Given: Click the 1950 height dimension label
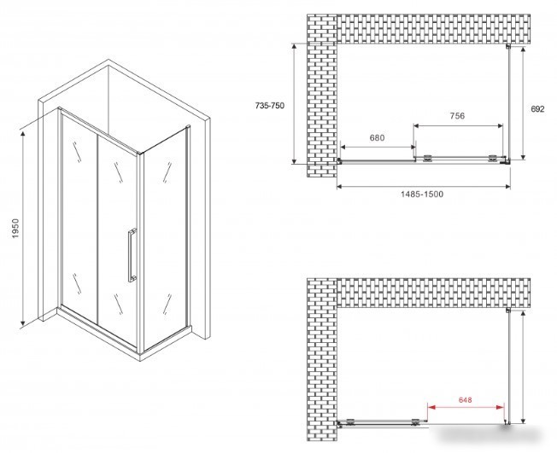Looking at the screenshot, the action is pos(15,228).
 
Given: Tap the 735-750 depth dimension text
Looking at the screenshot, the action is pos(270,105).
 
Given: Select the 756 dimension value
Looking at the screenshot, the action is pos(457,116).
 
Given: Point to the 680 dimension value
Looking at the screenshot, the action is pos(377,137).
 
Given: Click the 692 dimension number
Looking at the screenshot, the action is pos(537,109).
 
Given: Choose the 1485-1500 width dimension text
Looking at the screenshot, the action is pos(422,194).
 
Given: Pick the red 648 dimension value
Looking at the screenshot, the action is pos(465,400).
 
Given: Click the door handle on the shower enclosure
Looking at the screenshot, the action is pos(132,255).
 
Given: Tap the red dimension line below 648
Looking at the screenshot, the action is pos(466,407).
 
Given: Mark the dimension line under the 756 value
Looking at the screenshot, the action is pos(458,125).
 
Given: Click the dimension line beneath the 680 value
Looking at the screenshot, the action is pos(378,147).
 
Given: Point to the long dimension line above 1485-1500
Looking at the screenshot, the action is pos(424,186).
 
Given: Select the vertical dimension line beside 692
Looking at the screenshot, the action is pos(523,103).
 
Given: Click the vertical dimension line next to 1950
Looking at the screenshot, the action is pos(23,228).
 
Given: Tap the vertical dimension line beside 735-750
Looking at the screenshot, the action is pos(294,103).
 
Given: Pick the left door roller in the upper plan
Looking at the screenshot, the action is pos(428,159).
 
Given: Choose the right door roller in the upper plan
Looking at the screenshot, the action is pos(493,159).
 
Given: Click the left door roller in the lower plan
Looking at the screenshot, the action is pos(350,422).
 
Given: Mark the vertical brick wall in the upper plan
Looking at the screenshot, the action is pos(321,96).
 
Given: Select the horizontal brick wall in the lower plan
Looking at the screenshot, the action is pos(433,293).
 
